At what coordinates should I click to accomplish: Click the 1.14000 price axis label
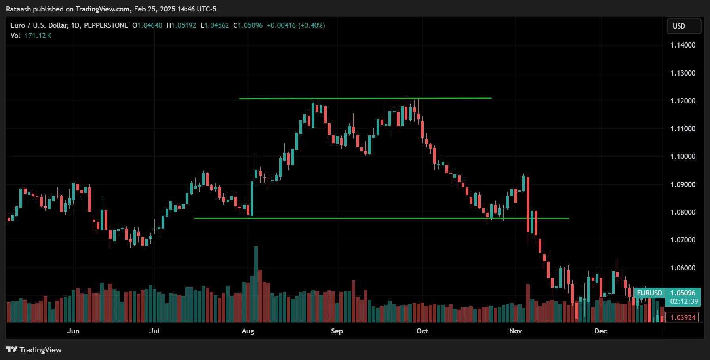click(x=683, y=45)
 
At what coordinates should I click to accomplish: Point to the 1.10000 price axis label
click(x=683, y=156)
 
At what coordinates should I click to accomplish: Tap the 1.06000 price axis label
click(x=683, y=268)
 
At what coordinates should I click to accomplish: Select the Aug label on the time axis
click(x=248, y=331)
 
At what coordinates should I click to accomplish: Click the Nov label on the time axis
click(x=515, y=331)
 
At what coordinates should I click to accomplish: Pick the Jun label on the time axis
click(x=73, y=331)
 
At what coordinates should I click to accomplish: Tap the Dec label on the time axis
click(x=600, y=331)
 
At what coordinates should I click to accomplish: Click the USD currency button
click(x=684, y=26)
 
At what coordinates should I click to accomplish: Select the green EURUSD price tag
click(x=649, y=293)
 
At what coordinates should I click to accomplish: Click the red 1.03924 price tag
click(x=683, y=318)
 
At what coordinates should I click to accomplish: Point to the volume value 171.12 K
click(x=38, y=36)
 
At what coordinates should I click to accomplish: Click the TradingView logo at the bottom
click(x=34, y=350)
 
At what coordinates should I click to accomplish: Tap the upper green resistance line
click(x=364, y=98)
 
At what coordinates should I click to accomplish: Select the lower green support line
click(x=380, y=218)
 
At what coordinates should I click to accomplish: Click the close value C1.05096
click(x=248, y=25)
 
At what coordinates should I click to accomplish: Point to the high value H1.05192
click(x=181, y=25)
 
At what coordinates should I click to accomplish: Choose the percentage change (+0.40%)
click(x=312, y=25)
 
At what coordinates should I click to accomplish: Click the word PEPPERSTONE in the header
click(x=106, y=25)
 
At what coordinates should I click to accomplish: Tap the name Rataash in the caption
click(x=18, y=9)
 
